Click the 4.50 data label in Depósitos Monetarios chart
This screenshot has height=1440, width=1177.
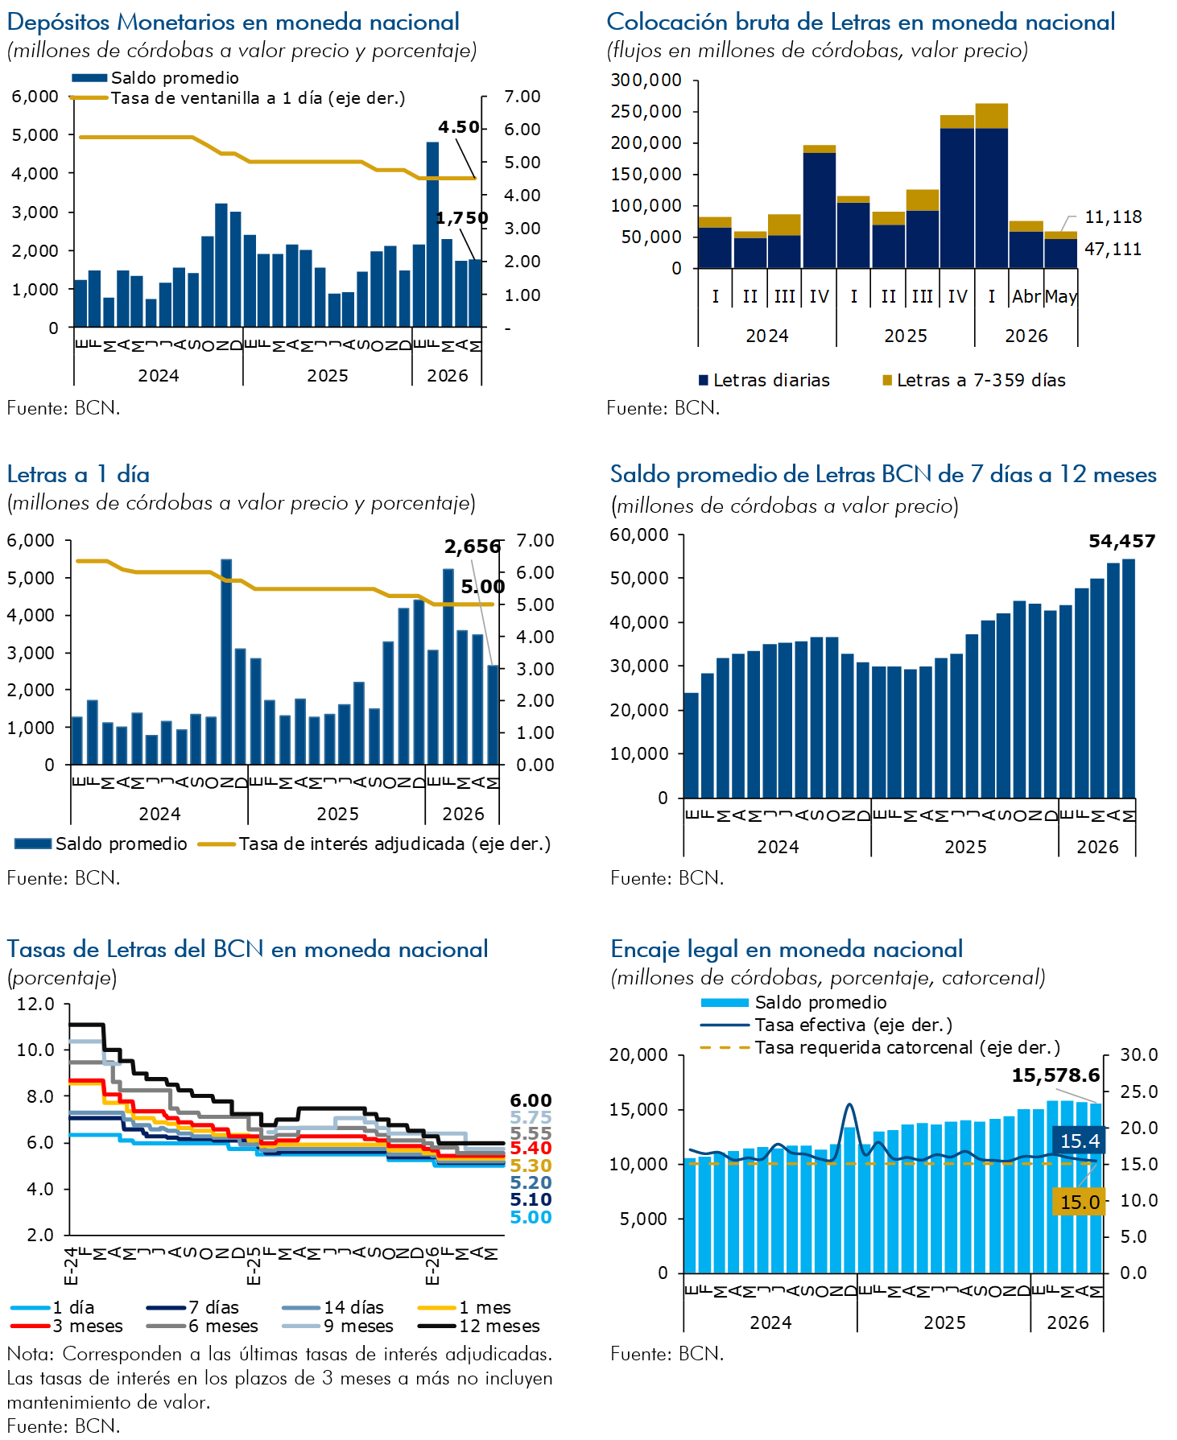tap(459, 127)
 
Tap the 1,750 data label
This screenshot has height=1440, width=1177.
tap(462, 218)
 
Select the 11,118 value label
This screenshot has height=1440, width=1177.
tap(1113, 217)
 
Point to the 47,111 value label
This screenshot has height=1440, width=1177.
tap(1113, 249)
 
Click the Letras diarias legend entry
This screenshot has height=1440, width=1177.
tap(764, 380)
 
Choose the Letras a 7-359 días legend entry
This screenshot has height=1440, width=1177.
tap(974, 380)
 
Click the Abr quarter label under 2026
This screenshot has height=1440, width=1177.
tap(1026, 296)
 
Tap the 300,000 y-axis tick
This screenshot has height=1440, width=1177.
tap(646, 80)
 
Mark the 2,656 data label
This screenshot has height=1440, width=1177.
tap(473, 547)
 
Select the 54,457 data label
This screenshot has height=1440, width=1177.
tap(1122, 541)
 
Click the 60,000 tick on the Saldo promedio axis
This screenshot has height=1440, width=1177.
tap(639, 534)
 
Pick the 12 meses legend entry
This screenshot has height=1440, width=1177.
tap(479, 1326)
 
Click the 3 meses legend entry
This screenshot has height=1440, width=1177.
tap(67, 1326)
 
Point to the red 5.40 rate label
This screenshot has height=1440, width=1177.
tap(531, 1148)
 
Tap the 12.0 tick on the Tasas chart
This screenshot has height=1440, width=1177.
tap(35, 1004)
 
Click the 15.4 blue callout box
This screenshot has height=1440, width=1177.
tap(1080, 1141)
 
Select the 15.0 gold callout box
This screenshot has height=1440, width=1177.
tap(1080, 1202)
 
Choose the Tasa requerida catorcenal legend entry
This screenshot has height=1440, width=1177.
tap(880, 1047)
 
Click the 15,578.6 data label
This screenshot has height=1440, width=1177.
tap(1055, 1075)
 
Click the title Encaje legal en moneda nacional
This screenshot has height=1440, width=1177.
tap(787, 949)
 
